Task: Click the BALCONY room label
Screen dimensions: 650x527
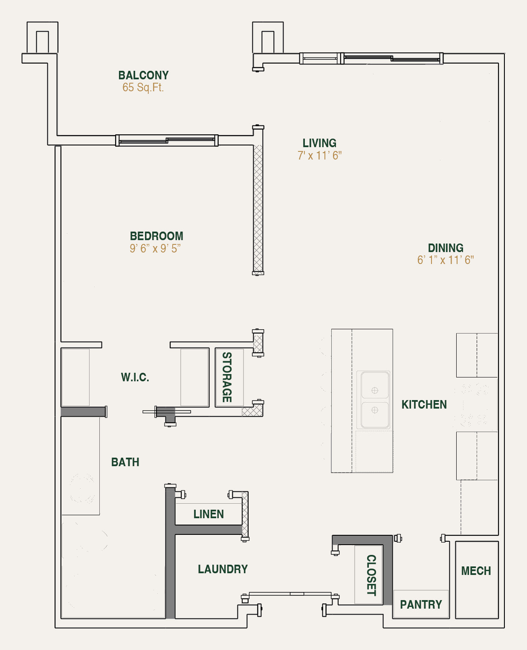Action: pyautogui.click(x=143, y=75)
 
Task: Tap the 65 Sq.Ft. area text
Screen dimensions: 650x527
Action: pyautogui.click(x=143, y=87)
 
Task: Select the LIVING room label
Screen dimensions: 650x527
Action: pyautogui.click(x=319, y=143)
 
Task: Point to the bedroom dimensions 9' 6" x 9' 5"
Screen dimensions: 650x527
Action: pyautogui.click(x=155, y=249)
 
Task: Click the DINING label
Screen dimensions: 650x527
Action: pyautogui.click(x=446, y=248)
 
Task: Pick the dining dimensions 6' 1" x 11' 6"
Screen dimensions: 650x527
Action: pyautogui.click(x=446, y=260)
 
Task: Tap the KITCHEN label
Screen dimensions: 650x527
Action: pyautogui.click(x=424, y=405)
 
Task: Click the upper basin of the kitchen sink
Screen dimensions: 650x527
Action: pyautogui.click(x=375, y=386)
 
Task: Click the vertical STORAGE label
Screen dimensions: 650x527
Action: pyautogui.click(x=227, y=377)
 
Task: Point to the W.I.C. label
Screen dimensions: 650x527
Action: pyautogui.click(x=135, y=377)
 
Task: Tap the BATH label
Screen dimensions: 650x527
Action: pyautogui.click(x=125, y=462)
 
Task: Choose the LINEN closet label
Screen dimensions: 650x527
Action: pyautogui.click(x=208, y=514)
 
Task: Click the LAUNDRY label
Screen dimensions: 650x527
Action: pyautogui.click(x=223, y=569)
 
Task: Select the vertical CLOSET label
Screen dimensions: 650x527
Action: pyautogui.click(x=371, y=575)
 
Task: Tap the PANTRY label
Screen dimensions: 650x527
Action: pyautogui.click(x=421, y=605)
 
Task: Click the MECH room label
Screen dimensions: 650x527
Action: pyautogui.click(x=476, y=571)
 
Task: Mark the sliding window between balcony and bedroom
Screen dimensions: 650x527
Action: pyautogui.click(x=167, y=140)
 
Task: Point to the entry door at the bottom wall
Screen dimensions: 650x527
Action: pyautogui.click(x=290, y=594)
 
